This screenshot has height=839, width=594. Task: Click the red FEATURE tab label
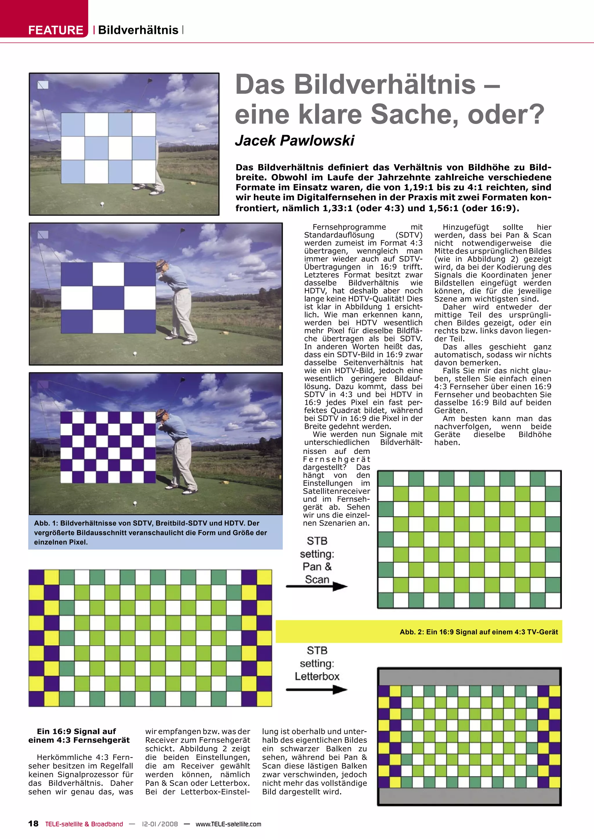coord(56,30)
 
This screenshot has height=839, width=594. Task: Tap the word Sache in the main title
coord(414,114)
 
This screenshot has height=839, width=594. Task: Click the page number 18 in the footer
coord(33,824)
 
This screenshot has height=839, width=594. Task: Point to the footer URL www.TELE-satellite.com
coord(228,824)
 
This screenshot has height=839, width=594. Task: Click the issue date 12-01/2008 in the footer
coord(160,824)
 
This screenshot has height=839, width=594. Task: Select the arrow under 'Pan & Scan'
coord(317,586)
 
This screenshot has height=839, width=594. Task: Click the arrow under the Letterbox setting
coord(317,690)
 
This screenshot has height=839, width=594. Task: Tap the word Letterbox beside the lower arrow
coord(317,676)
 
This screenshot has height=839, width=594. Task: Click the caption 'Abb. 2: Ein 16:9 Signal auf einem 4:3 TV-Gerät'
coord(479,632)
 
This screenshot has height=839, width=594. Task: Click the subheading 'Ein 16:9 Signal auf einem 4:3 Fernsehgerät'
coord(79,736)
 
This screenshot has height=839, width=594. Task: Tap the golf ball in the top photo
coord(102,204)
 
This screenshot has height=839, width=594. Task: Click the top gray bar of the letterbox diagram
coord(469,677)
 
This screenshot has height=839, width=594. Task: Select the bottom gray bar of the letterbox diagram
coord(469,796)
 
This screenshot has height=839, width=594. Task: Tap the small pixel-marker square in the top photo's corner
coord(43,85)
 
